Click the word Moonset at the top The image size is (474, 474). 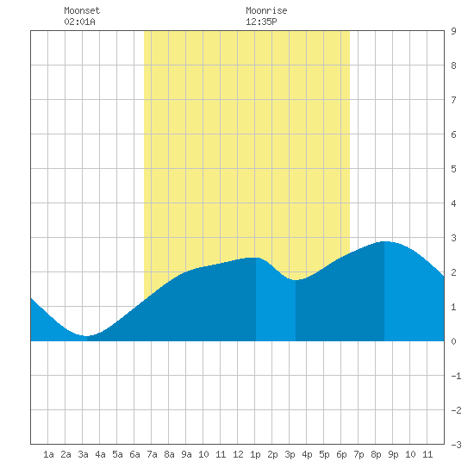tap(82, 10)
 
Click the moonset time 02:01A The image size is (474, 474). tap(79, 22)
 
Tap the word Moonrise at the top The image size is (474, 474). tap(266, 10)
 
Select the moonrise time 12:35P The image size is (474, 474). tap(261, 22)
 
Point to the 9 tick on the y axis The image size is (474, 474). tap(453, 31)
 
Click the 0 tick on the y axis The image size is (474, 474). tap(453, 341)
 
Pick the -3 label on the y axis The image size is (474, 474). tap(456, 445)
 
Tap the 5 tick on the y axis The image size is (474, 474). tap(453, 169)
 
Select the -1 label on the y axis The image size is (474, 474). tap(456, 376)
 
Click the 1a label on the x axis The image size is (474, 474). tap(48, 454)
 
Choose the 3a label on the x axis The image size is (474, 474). tap(83, 454)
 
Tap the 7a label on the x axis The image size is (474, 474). tap(152, 454)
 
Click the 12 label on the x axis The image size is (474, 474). tap(238, 454)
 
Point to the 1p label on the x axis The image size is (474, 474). tap(255, 454)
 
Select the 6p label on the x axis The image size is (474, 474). tap(341, 454)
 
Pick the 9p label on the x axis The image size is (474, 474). tap(393, 454)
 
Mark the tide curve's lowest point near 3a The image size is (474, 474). tap(86, 336)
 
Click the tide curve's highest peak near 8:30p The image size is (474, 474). tap(384, 241)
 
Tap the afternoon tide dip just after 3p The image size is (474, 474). tap(296, 280)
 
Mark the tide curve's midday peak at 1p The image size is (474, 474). tap(256, 258)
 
